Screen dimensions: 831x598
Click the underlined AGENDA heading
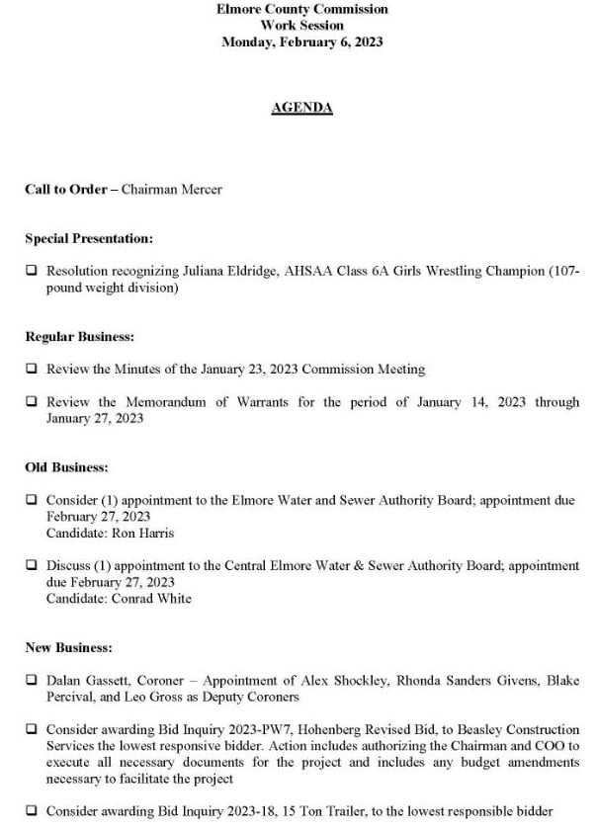(x=301, y=109)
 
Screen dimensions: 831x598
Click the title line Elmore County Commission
(x=301, y=9)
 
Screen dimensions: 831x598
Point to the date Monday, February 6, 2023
(x=301, y=42)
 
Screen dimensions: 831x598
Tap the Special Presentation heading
(x=89, y=238)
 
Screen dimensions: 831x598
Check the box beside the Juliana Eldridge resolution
(x=32, y=271)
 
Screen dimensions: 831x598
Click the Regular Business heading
(x=79, y=337)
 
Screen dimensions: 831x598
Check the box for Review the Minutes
(x=32, y=370)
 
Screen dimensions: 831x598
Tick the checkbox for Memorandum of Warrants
(x=32, y=402)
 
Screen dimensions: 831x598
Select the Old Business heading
(x=67, y=467)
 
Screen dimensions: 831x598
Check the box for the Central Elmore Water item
(x=32, y=566)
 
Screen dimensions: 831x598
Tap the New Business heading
(x=69, y=648)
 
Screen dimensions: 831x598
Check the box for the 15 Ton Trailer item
(x=32, y=811)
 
